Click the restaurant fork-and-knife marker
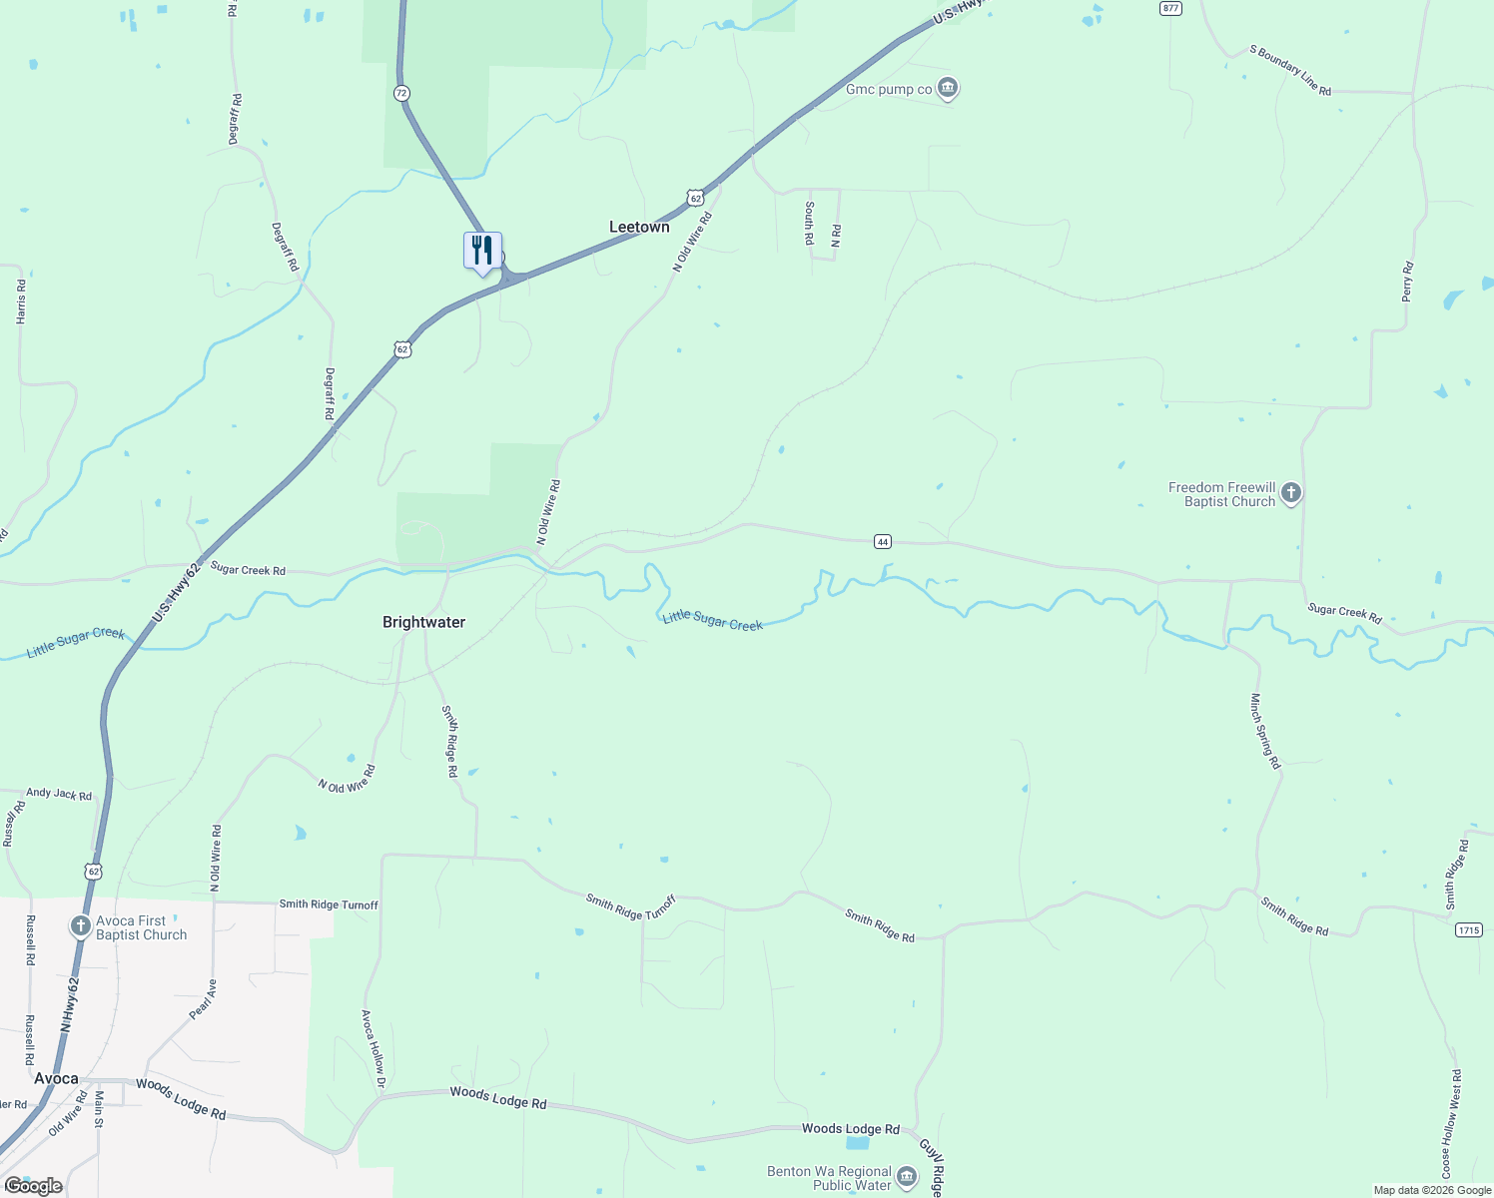pos(482,251)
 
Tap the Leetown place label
pos(639,228)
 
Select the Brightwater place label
pos(423,622)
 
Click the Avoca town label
pos(56,1078)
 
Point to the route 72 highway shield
pos(401,93)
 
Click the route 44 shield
pos(882,541)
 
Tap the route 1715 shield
pos(1468,929)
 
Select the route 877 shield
pos(1171,8)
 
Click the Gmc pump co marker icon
pos(948,89)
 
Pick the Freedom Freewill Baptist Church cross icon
pos(1291,493)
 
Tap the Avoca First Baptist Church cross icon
pos(81,926)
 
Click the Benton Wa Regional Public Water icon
pos(907,1177)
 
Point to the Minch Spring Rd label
pos(1265,731)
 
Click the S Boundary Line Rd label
pos(1290,70)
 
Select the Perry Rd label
pos(1407,282)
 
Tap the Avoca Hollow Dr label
pos(373,1041)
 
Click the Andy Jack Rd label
pos(59,794)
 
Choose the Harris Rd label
pos(21,300)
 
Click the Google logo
pos(33,1186)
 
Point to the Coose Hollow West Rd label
pos(1450,1123)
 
